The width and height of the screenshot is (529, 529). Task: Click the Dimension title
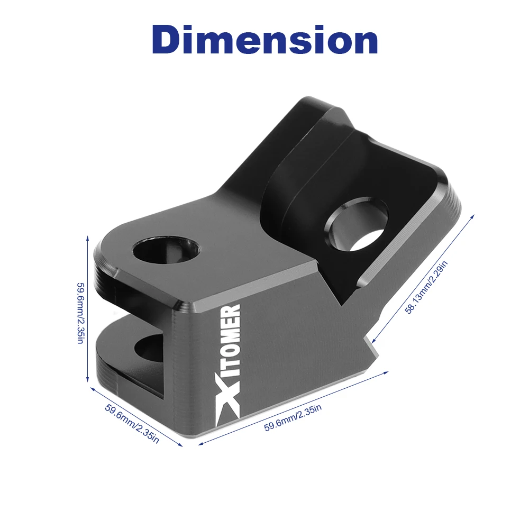[264, 40]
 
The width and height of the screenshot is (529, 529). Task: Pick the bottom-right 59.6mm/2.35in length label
[293, 418]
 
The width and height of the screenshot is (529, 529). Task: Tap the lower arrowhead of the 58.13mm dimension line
[373, 341]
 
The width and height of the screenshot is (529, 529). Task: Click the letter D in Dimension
[170, 40]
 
